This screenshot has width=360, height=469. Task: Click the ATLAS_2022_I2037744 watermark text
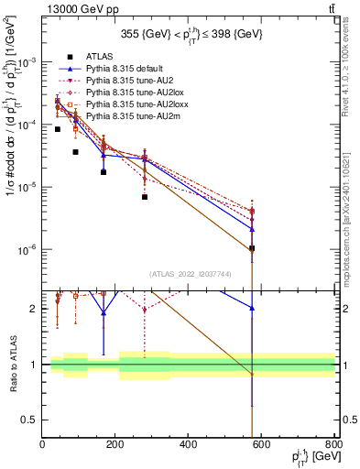[x=189, y=273]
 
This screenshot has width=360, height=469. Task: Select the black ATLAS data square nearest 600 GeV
[x=252, y=248]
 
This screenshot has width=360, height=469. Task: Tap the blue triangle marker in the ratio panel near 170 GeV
[x=104, y=312]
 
